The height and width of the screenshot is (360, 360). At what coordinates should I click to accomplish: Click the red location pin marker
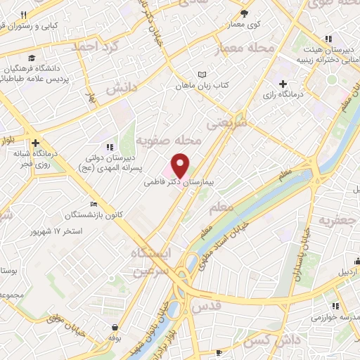(x=181, y=165)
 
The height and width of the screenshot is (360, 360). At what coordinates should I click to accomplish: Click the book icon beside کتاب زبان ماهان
(x=203, y=75)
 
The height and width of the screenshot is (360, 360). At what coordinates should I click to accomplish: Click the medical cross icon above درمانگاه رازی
(x=283, y=84)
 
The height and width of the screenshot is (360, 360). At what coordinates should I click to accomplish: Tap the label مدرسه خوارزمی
(x=337, y=316)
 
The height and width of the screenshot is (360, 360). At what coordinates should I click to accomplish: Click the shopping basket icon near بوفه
(x=114, y=327)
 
